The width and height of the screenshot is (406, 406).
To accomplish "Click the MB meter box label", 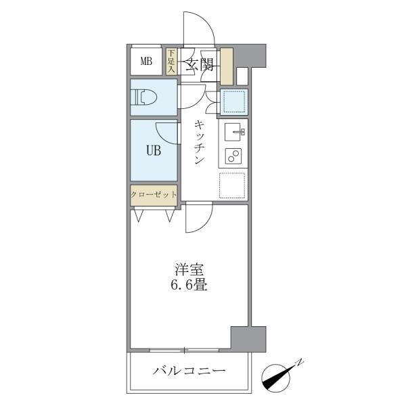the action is pos(146,61).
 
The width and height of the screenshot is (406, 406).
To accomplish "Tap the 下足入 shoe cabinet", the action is pos(171,62).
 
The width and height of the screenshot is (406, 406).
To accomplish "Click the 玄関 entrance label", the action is pos(200,64).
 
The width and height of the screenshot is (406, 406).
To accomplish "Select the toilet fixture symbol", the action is pos(144,97).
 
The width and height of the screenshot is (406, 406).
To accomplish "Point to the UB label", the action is pos(154,150).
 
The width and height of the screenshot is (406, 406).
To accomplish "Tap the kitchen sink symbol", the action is pos(233,132).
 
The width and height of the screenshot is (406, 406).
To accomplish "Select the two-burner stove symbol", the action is pos(233,156).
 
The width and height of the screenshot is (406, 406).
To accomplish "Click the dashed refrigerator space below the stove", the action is pos(232,185).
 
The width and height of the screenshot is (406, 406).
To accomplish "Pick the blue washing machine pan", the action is pos(234,101).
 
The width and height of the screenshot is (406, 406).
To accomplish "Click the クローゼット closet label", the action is pos(154,194).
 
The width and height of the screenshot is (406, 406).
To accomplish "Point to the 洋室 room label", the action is pos(189,269).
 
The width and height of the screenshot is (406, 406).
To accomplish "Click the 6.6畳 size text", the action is pos(189,285).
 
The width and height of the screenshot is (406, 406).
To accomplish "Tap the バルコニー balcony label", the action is pos(189,371).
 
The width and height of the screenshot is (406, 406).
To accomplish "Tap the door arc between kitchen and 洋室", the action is pos(204,223).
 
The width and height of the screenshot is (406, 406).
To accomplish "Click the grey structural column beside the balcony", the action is pos(248,339).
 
